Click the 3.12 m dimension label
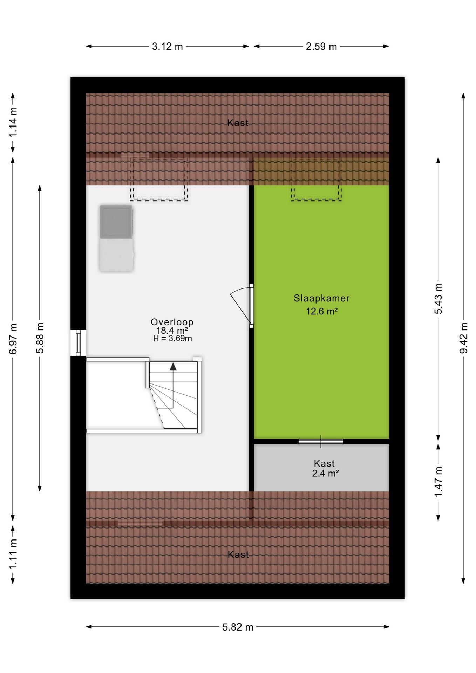click(167, 47)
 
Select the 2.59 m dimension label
click(321, 47)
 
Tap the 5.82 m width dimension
click(238, 627)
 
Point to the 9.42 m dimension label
click(464, 338)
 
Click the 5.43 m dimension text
click(438, 299)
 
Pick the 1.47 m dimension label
click(438, 482)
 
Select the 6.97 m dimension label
click(13, 339)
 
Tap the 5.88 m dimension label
click(40, 338)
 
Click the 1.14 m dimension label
click(13, 122)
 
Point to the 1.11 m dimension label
click(13, 554)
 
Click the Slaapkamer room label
click(321, 298)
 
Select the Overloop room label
click(172, 322)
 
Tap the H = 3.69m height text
click(172, 339)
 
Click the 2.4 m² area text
click(325, 473)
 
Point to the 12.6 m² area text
click(321, 311)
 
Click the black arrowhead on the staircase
click(173, 367)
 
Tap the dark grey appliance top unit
click(116, 222)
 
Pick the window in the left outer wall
click(78, 343)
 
